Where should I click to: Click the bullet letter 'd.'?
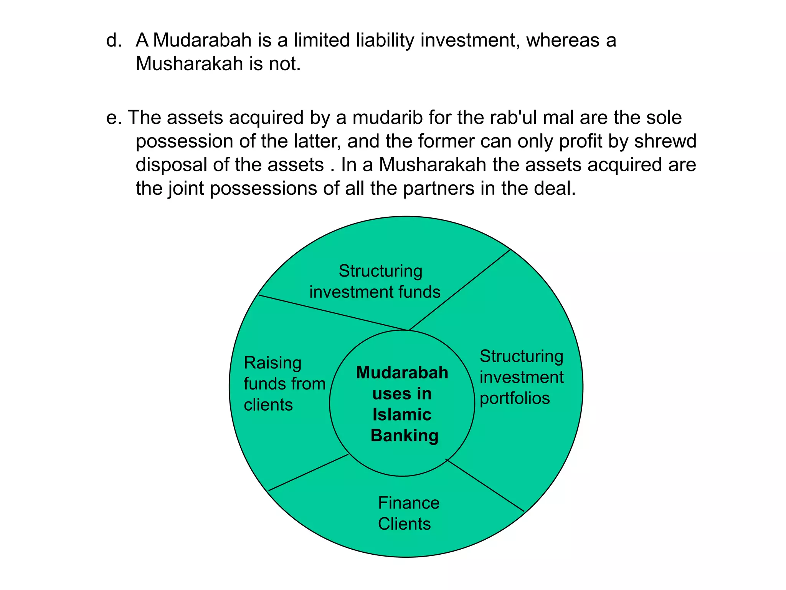pos(114,41)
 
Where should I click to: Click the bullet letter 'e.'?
pos(114,118)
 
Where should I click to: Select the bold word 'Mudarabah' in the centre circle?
pos(402,373)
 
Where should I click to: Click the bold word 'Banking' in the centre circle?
pos(404,436)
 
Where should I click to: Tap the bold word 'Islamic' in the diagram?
pos(402,415)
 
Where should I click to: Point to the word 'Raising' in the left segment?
pos(272,363)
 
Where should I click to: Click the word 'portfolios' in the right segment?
pos(515,398)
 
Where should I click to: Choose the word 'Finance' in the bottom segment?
pos(408,503)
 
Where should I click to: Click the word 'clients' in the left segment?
pos(268,405)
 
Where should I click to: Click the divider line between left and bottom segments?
pos(308,472)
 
